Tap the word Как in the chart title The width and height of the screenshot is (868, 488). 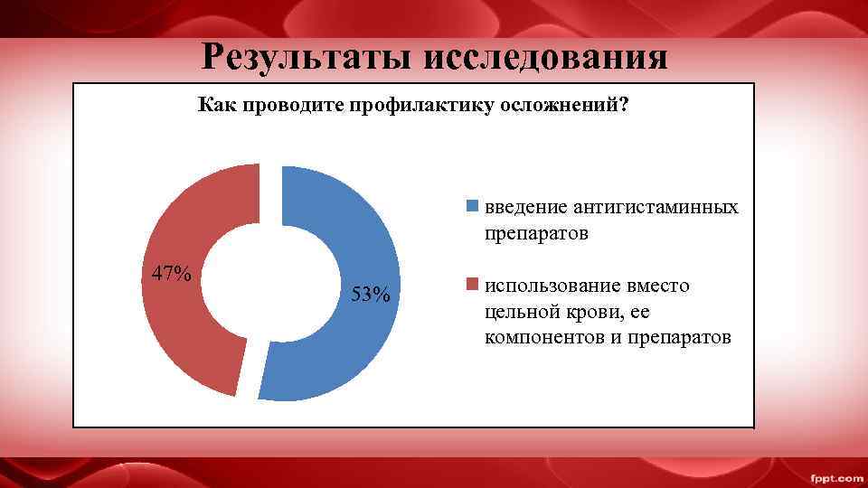pyautogui.click(x=216, y=106)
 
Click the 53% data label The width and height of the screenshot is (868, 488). pyautogui.click(x=371, y=295)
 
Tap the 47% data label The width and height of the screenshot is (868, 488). pyautogui.click(x=171, y=273)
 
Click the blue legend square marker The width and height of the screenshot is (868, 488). pyautogui.click(x=471, y=207)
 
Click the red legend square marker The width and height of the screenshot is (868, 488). pyautogui.click(x=471, y=286)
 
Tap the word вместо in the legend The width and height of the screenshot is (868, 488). pyautogui.click(x=659, y=286)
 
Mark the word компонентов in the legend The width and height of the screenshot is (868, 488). pyautogui.click(x=542, y=338)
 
